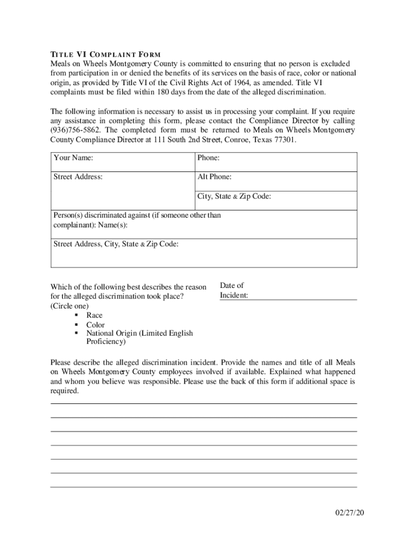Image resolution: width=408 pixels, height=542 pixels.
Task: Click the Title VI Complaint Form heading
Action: tap(105, 54)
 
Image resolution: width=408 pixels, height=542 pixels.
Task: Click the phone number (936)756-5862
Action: tap(76, 130)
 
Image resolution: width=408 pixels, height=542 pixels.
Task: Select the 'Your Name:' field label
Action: tap(74, 158)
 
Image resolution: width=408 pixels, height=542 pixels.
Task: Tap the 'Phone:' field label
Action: tap(208, 158)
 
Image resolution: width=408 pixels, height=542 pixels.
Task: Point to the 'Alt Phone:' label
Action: tap(214, 177)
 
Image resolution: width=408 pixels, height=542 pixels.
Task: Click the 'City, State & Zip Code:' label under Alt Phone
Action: tap(234, 196)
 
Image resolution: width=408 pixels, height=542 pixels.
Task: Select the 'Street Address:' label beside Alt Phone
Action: tap(78, 177)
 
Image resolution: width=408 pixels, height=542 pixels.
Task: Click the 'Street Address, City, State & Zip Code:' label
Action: tap(116, 244)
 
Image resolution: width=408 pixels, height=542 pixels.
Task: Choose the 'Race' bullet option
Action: tap(94, 315)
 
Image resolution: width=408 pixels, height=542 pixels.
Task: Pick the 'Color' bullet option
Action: tap(95, 325)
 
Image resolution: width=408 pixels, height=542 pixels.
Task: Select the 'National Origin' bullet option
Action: tap(139, 333)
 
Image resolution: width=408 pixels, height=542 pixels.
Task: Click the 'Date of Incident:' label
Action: tap(233, 291)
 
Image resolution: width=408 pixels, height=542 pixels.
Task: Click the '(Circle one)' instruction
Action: tap(69, 306)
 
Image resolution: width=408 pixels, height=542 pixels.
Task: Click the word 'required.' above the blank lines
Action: tap(65, 391)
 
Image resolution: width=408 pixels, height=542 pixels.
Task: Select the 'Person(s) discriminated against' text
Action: tap(137, 215)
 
